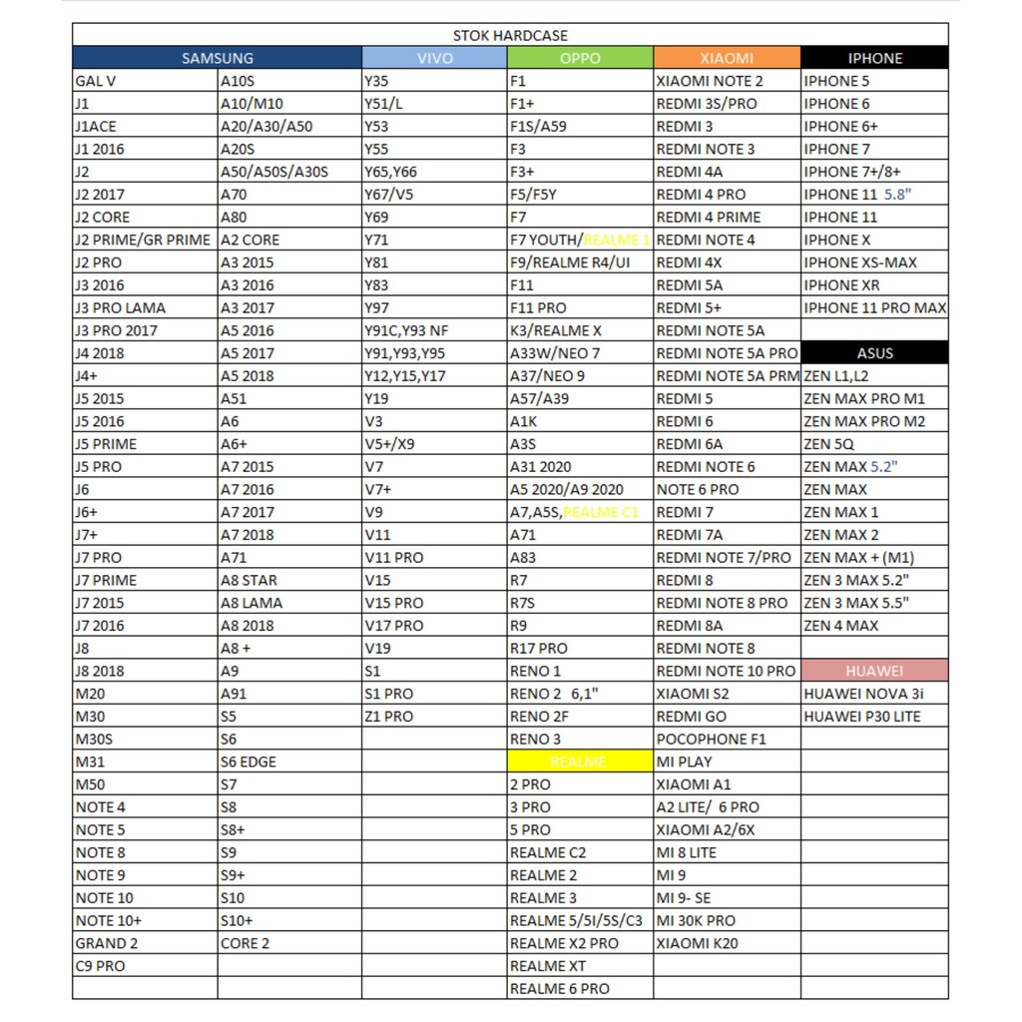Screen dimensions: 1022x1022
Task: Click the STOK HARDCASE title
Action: click(509, 36)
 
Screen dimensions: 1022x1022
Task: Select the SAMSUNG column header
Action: click(217, 58)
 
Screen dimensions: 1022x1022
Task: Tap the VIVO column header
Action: click(434, 58)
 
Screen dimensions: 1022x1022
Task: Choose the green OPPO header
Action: click(580, 58)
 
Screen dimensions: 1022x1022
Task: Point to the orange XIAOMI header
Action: click(727, 58)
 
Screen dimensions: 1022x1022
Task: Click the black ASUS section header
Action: click(874, 353)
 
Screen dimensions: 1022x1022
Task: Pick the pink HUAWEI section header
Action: click(874, 671)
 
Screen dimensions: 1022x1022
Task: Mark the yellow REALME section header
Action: click(579, 762)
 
